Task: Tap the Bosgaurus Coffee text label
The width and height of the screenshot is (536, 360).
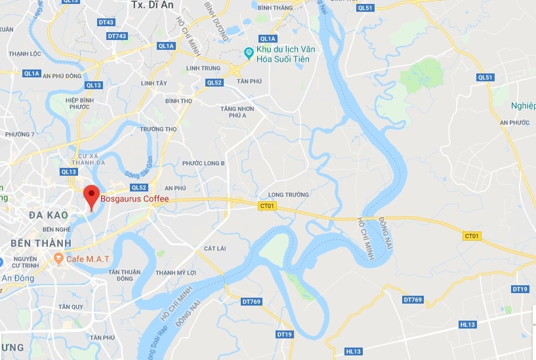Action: click(134, 199)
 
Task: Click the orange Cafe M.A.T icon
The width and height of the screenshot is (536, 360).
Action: click(59, 259)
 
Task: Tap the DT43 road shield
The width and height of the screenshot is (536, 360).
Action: click(106, 22)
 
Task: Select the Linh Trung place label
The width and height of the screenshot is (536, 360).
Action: click(201, 68)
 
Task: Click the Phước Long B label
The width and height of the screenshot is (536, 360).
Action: click(203, 163)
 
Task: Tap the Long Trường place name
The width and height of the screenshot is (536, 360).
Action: click(287, 195)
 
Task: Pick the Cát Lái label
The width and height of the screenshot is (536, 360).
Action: click(215, 249)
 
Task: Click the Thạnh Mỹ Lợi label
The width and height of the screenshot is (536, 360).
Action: click(176, 272)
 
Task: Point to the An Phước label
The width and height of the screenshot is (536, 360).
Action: click(514, 123)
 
